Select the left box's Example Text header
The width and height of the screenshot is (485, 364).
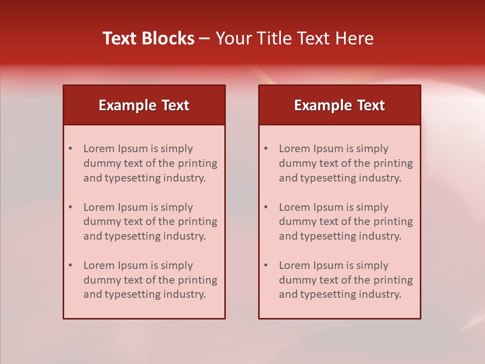pyautogui.click(x=144, y=105)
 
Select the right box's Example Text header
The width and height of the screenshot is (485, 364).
pyautogui.click(x=339, y=105)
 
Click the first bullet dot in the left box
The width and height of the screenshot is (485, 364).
pyautogui.click(x=71, y=149)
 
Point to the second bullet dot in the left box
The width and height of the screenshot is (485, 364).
pyautogui.click(x=71, y=207)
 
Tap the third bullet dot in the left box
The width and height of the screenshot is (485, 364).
pyautogui.click(x=71, y=265)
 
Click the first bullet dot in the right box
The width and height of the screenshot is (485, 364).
pyautogui.click(x=266, y=149)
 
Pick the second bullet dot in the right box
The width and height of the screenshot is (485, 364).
pyautogui.click(x=266, y=207)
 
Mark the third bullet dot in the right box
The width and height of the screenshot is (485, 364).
pyautogui.click(x=266, y=265)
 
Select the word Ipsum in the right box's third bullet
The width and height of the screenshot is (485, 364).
pyautogui.click(x=329, y=265)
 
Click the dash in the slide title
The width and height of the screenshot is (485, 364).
pyautogui.click(x=205, y=39)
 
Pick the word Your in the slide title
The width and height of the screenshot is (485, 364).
pyautogui.click(x=232, y=38)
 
